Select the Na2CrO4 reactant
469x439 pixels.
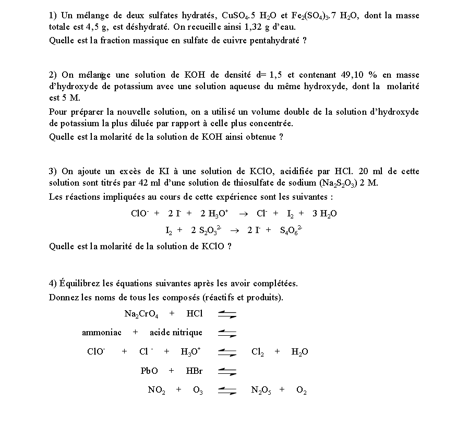[141, 314]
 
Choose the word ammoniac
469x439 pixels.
[102, 333]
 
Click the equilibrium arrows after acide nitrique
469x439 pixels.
[227, 333]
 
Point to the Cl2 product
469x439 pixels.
[257, 352]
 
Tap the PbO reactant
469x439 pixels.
[149, 371]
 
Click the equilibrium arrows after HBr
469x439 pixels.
[227, 372]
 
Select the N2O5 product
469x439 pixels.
[261, 390]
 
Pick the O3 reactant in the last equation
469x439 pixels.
[198, 390]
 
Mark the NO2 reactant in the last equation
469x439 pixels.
[157, 390]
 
